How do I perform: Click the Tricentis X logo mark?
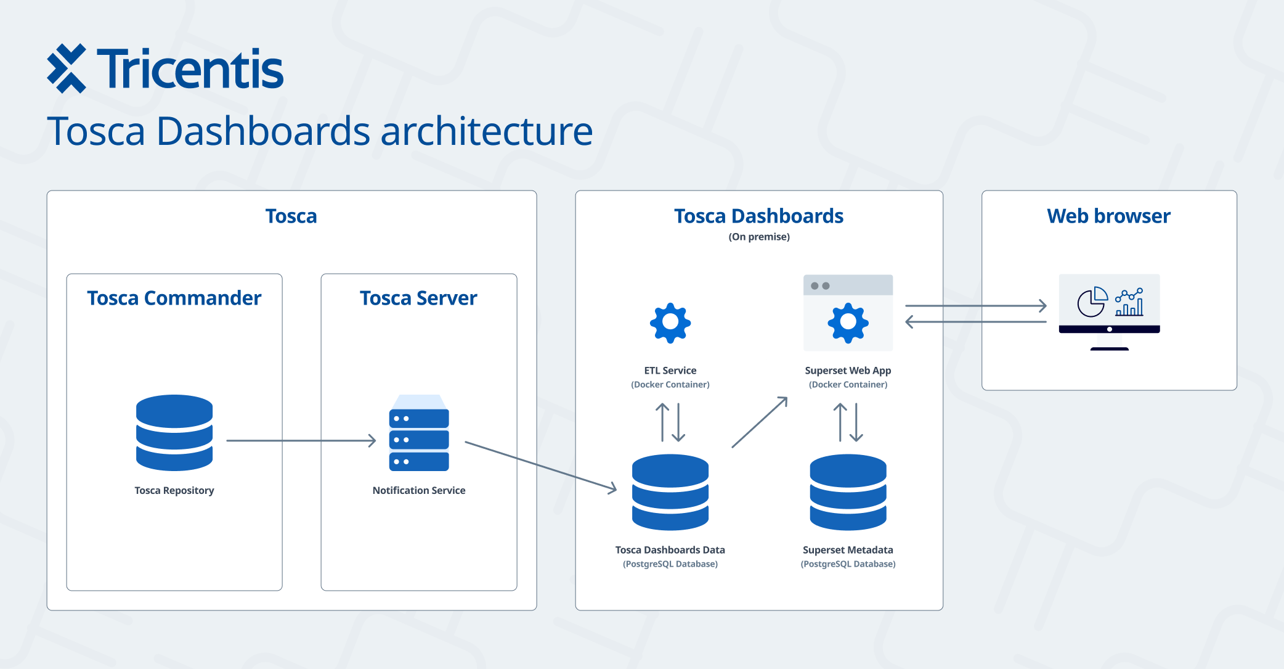(67, 68)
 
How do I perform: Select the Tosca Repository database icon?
(174, 433)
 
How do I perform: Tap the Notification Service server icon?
(419, 433)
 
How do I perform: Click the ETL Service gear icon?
(670, 322)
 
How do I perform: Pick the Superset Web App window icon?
(848, 313)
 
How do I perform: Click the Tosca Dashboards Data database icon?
(670, 492)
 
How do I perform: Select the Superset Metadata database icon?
(848, 492)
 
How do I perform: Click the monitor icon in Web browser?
(1109, 312)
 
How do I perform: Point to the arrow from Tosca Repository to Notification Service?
(301, 440)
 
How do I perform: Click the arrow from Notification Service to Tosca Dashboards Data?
(541, 466)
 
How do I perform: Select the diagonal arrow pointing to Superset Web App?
(760, 422)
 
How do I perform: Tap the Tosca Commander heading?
(174, 298)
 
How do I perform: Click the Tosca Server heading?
(418, 298)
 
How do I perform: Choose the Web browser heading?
(1109, 216)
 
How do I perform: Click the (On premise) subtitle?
(759, 237)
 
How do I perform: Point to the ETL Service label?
(670, 371)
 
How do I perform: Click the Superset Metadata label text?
(848, 550)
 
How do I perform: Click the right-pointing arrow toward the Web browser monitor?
(976, 305)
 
